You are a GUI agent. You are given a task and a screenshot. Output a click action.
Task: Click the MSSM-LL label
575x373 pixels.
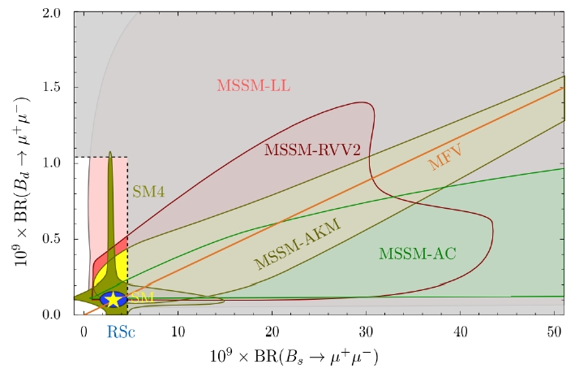(253, 85)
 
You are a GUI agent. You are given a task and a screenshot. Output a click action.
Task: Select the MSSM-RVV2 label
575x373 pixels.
(302, 149)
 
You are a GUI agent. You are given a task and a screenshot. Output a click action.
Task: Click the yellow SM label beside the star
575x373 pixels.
(144, 297)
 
